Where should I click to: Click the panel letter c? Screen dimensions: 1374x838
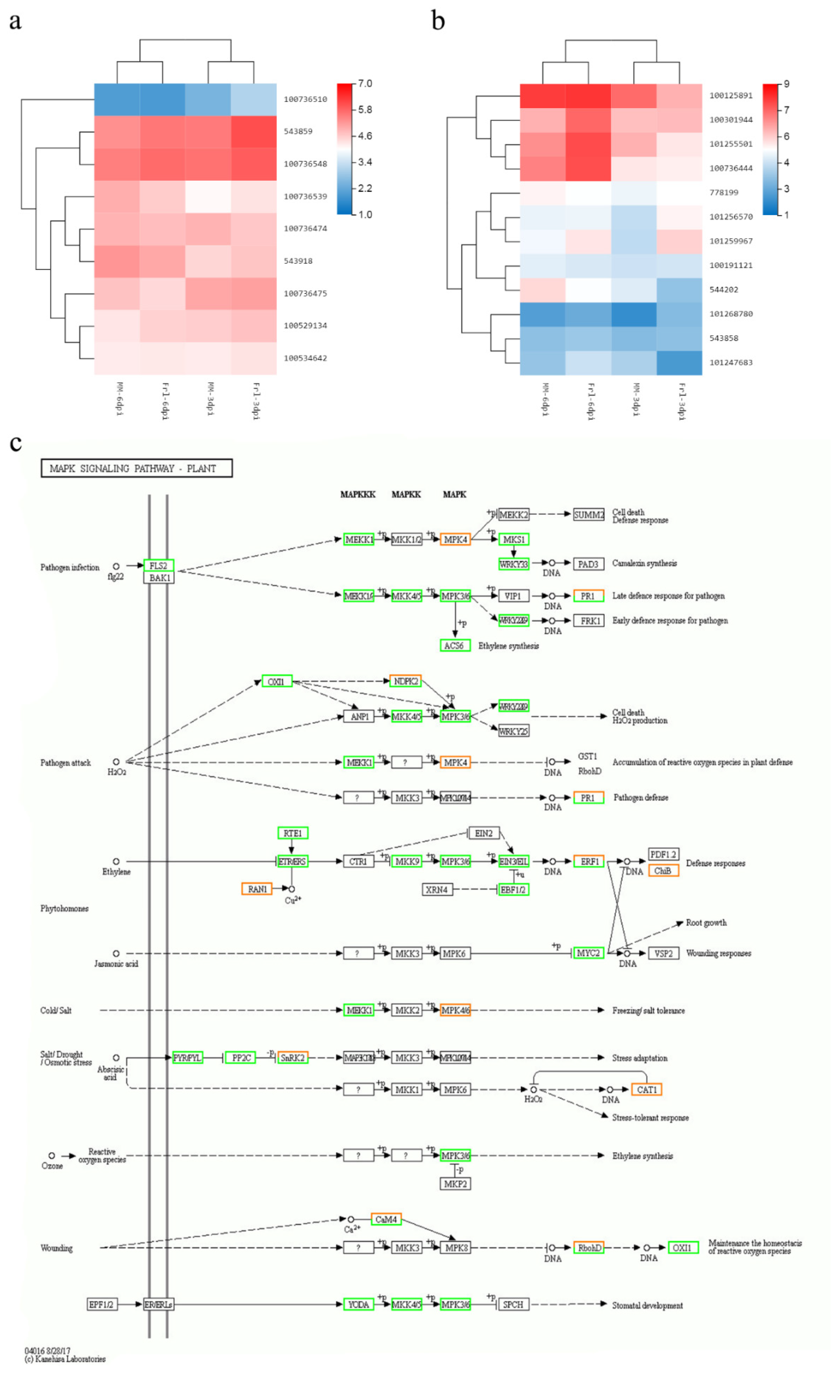click(16, 443)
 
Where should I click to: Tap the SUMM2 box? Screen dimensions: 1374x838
click(588, 515)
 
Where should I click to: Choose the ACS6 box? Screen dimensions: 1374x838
click(454, 646)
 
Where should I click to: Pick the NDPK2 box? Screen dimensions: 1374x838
click(405, 681)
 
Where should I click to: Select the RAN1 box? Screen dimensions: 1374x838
click(257, 889)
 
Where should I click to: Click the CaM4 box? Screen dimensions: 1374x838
click(386, 1219)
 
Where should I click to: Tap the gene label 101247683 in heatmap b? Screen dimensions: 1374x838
click(730, 363)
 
